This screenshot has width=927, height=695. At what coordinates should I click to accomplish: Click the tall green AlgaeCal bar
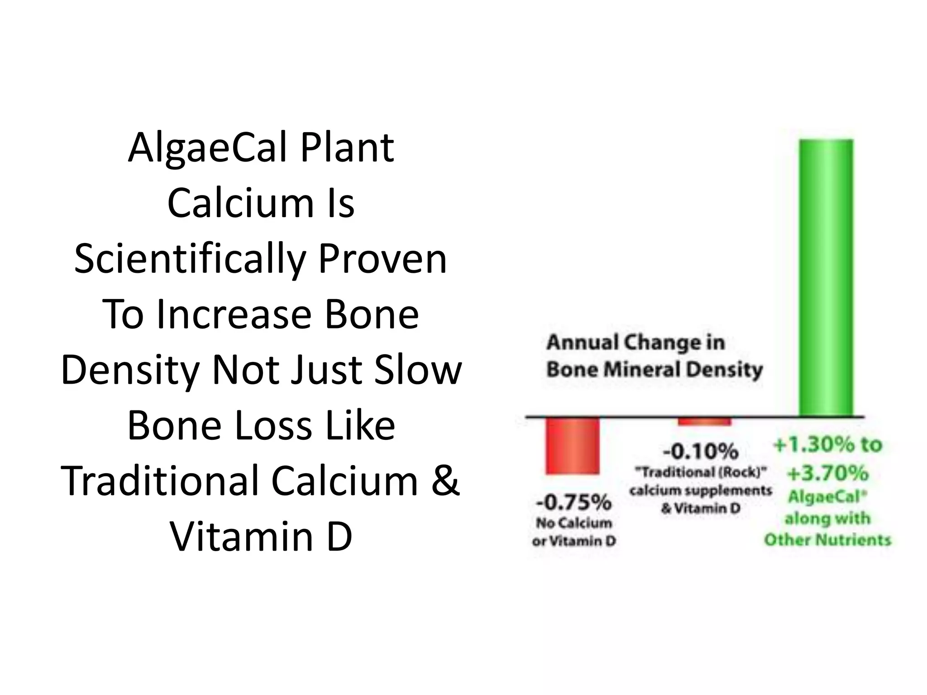[x=826, y=277]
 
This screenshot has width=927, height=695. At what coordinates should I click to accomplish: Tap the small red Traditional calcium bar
[x=704, y=422]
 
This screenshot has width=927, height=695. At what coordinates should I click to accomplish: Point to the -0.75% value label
[x=573, y=502]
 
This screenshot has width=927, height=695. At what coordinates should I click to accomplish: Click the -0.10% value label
[x=700, y=451]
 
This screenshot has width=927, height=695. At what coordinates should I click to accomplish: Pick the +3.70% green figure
[x=828, y=473]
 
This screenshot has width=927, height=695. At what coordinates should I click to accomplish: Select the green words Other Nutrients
[x=827, y=540]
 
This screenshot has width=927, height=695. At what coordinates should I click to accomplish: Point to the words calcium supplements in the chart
[x=700, y=490]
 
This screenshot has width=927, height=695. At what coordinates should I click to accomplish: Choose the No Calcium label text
[x=573, y=523]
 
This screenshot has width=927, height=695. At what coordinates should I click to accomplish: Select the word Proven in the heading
[x=382, y=259]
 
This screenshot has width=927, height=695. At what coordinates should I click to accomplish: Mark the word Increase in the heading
[x=234, y=314]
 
